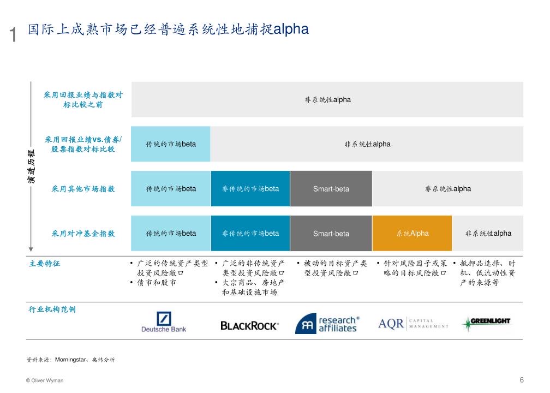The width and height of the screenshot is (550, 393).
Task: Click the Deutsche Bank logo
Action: pyautogui.click(x=164, y=322)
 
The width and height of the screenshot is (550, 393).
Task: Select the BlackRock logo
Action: pyautogui.click(x=249, y=325)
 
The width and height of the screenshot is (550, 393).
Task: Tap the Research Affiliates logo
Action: pyautogui.click(x=327, y=324)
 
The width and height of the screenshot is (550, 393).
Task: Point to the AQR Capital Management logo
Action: pyautogui.click(x=413, y=324)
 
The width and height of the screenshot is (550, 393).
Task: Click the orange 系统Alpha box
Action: pyautogui.click(x=412, y=234)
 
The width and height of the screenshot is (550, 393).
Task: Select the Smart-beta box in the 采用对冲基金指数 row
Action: pyautogui.click(x=331, y=234)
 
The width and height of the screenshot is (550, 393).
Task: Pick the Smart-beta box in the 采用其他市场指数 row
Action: pyautogui.click(x=331, y=189)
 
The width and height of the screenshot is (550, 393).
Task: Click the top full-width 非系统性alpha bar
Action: pyautogui.click(x=327, y=100)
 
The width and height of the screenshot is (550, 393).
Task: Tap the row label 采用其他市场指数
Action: pyautogui.click(x=83, y=189)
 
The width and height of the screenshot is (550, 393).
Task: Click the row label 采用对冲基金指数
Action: pyautogui.click(x=83, y=234)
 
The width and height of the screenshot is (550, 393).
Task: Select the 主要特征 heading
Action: pyautogui.click(x=45, y=264)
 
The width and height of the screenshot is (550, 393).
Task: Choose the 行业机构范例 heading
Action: pyautogui.click(x=52, y=309)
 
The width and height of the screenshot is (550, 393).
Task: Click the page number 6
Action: pyautogui.click(x=522, y=380)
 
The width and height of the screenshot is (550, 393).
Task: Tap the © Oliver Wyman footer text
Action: pyautogui.click(x=45, y=380)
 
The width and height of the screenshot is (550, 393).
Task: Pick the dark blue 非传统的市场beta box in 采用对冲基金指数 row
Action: pyautogui.click(x=250, y=234)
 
